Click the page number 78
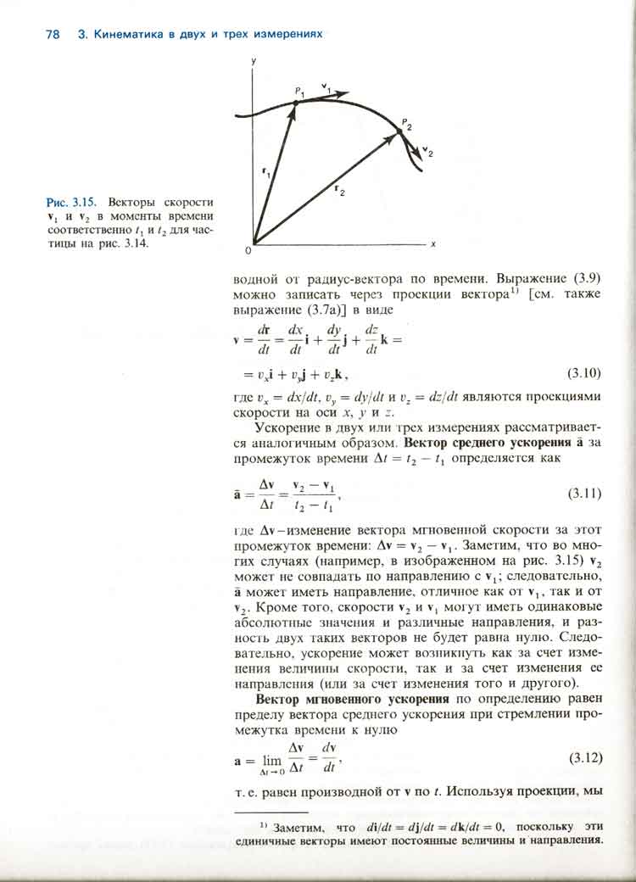click(51, 35)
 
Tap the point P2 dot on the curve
click(401, 132)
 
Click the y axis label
click(253, 62)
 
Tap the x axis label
click(432, 243)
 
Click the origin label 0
click(248, 251)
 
